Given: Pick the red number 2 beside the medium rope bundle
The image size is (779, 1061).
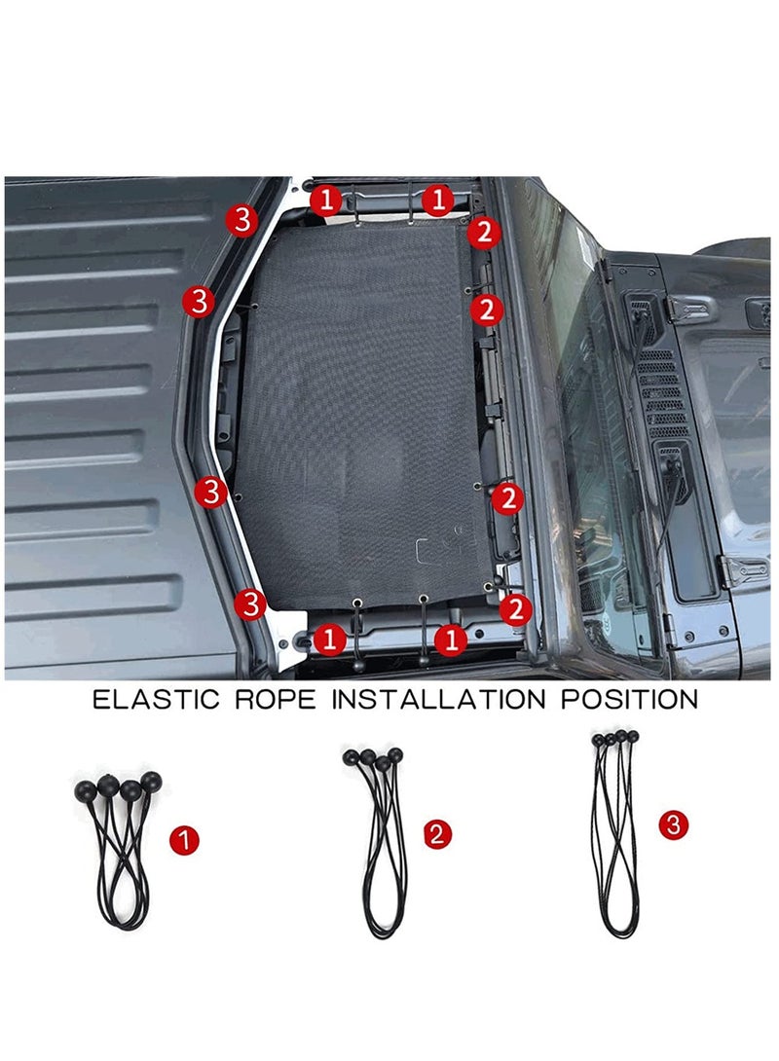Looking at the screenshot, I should point(439,833).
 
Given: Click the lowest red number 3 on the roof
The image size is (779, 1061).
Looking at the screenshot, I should point(250,604).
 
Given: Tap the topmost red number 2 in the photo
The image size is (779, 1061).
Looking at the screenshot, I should point(484,233).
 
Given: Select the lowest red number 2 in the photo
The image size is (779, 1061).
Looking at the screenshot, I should point(515,609).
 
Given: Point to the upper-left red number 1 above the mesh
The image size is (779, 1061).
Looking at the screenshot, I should point(327,201).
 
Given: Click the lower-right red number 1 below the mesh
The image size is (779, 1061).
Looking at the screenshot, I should point(450,640).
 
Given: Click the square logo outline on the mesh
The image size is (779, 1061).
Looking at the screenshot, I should point(432,550).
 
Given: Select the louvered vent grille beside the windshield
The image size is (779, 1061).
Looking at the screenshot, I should point(664,389).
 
